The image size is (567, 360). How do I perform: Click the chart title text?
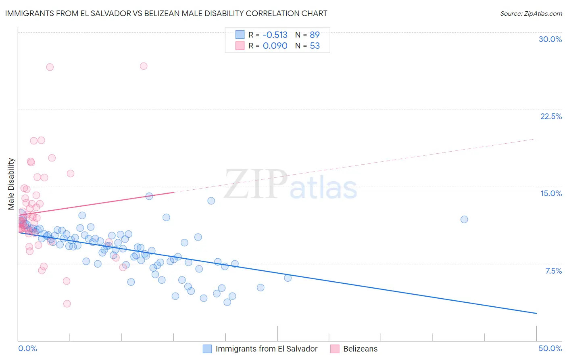point(166,13)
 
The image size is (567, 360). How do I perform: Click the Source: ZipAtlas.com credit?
point(531,13)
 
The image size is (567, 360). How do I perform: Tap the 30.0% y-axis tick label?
point(550,39)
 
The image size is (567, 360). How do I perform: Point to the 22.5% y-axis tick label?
point(551,116)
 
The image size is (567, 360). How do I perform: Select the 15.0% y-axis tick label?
point(551,193)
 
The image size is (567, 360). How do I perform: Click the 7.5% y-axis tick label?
point(553,271)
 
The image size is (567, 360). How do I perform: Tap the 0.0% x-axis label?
point(27,348)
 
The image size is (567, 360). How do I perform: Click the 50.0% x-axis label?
point(550,348)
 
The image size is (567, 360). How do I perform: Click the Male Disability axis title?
point(11,184)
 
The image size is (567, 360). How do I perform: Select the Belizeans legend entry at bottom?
point(360,349)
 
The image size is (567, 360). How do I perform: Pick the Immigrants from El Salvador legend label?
point(267,349)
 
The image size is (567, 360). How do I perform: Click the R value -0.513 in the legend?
point(275,35)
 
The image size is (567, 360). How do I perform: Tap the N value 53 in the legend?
point(315,46)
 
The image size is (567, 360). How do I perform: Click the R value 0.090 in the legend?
point(275,46)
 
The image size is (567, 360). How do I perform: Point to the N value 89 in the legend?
point(315,35)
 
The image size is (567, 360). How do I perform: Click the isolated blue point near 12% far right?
point(464,219)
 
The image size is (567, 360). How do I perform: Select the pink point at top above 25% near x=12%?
point(144,66)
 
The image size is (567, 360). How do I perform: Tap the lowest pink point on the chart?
point(67,303)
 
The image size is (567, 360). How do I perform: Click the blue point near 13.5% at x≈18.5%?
point(211,201)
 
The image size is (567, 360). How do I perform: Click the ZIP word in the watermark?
point(256,184)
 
